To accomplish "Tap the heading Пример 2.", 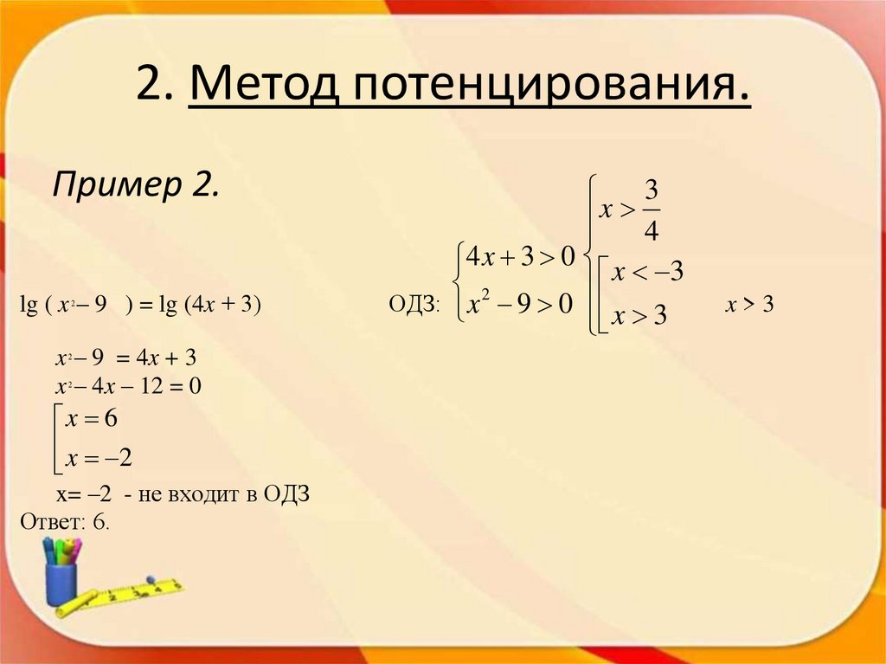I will (x=136, y=184).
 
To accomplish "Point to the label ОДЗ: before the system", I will (x=415, y=306).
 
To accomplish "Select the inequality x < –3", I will (x=648, y=273).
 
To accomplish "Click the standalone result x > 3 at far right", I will (x=748, y=305).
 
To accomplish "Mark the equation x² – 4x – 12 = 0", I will (x=127, y=386).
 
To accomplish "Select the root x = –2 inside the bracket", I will (x=98, y=457).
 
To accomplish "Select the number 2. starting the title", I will (x=152, y=87).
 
